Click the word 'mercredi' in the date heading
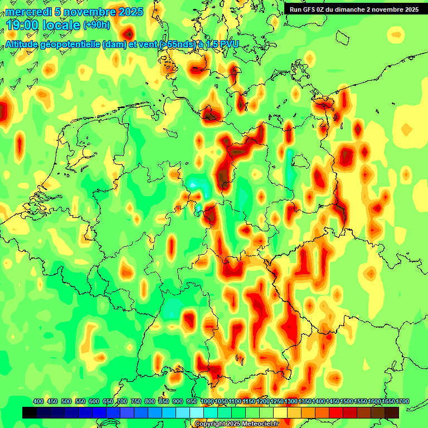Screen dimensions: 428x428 tap(28, 12)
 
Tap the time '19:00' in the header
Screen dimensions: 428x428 tap(23, 25)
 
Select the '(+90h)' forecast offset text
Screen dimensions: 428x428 tap(96, 25)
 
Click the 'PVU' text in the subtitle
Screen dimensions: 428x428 tap(228, 45)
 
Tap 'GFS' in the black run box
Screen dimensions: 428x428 tap(309, 9)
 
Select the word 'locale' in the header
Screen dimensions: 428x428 tap(61, 25)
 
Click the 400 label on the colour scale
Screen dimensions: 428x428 tap(38, 402)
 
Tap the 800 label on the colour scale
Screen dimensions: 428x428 tap(150, 402)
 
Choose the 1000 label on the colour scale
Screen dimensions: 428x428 tap(207, 402)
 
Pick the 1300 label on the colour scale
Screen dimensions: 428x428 tap(290, 402)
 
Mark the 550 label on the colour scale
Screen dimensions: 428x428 tap(80, 402)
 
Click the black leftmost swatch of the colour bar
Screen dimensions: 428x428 tap(30, 412)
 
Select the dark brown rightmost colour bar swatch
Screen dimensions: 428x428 tap(392, 412)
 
